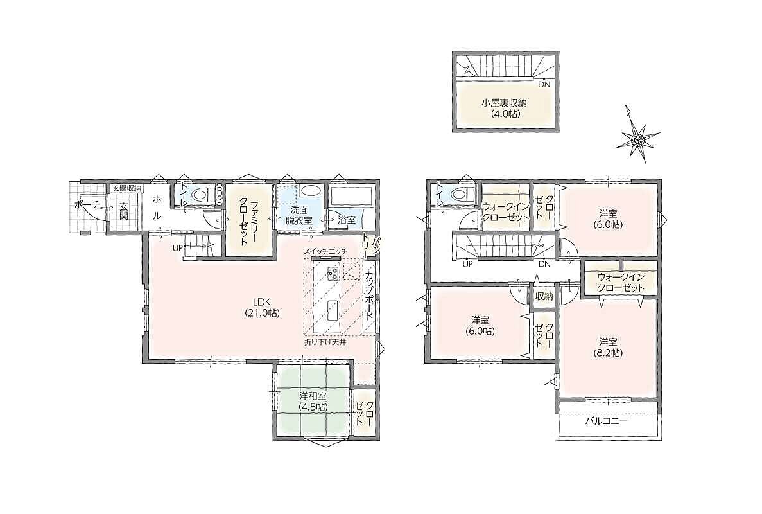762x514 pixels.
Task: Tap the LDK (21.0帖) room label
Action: tap(261, 307)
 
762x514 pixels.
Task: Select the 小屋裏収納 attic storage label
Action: tap(505, 108)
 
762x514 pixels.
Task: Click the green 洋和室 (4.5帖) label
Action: tap(313, 401)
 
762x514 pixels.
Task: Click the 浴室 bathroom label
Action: tap(348, 220)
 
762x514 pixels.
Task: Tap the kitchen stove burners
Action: tap(333, 274)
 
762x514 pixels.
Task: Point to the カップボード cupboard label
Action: tap(369, 295)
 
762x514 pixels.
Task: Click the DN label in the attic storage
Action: tap(544, 85)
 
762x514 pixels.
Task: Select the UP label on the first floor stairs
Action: tap(177, 247)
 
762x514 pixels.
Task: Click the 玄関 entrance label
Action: tap(123, 211)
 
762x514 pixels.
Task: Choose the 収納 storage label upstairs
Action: tap(544, 296)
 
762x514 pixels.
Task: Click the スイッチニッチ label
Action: tap(325, 251)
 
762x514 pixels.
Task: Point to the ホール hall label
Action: tap(157, 208)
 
